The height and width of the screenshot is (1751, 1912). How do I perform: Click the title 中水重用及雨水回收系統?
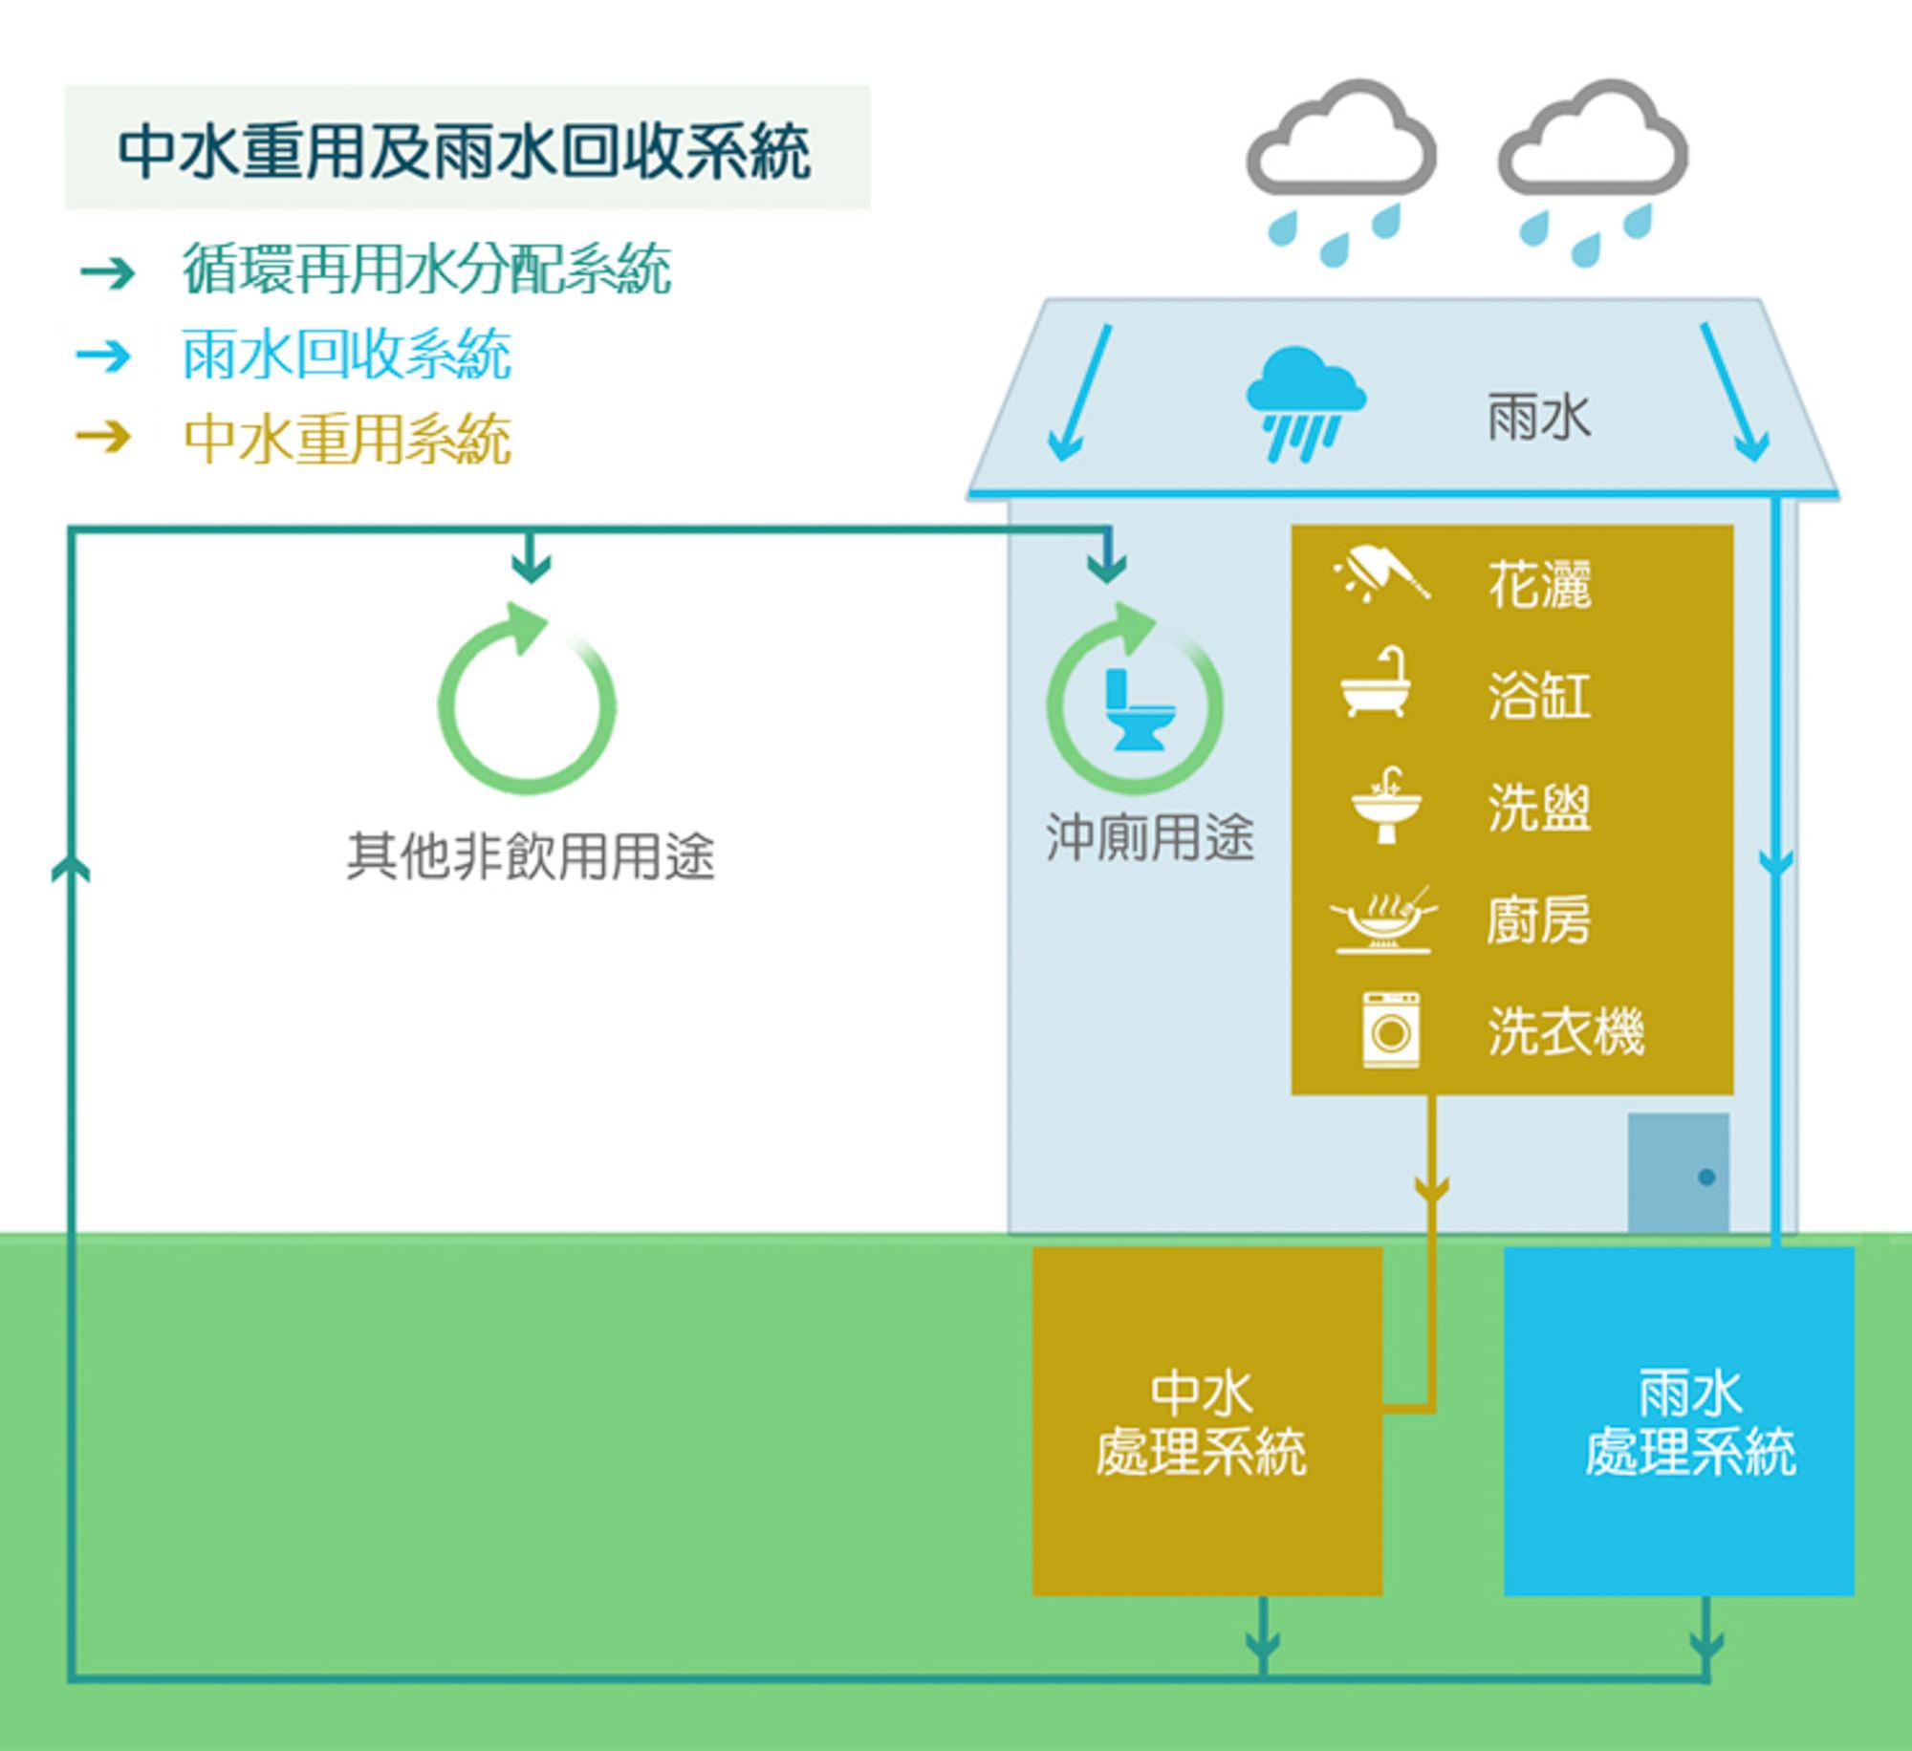[x=465, y=151]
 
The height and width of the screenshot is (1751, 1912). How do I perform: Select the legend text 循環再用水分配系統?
[x=426, y=270]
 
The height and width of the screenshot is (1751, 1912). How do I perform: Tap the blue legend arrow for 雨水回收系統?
[x=105, y=356]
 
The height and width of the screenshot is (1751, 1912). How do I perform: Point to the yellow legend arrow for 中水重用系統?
[x=105, y=438]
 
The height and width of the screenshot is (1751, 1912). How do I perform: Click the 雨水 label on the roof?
[x=1539, y=419]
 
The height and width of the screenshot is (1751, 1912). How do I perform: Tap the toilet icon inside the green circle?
[x=1138, y=709]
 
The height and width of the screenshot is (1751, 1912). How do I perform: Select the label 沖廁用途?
[x=1149, y=837]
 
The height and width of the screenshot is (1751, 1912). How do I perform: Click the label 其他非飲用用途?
[x=531, y=855]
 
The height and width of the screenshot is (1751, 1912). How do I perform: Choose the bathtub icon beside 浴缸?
[x=1377, y=682]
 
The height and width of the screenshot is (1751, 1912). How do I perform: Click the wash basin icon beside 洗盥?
[x=1386, y=805]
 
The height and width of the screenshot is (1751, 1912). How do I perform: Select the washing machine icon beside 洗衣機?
[x=1391, y=1029]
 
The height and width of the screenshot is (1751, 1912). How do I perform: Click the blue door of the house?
[x=1679, y=1174]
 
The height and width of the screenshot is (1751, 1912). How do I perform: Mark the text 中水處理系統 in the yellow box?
[x=1201, y=1424]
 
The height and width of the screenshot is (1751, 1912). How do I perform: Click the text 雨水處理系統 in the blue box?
[x=1690, y=1424]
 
